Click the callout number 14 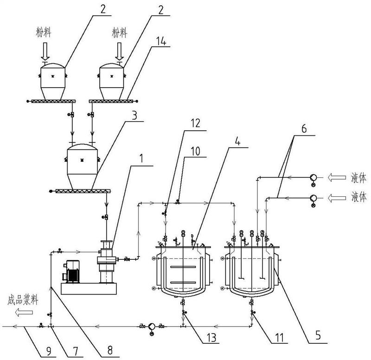[161, 41]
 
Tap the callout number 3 [134, 116]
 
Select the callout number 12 [195, 123]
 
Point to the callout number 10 [195, 151]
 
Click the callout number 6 [304, 129]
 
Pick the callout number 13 [211, 338]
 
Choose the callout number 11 [280, 338]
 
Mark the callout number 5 [318, 335]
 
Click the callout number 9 [49, 351]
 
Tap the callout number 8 [110, 351]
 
